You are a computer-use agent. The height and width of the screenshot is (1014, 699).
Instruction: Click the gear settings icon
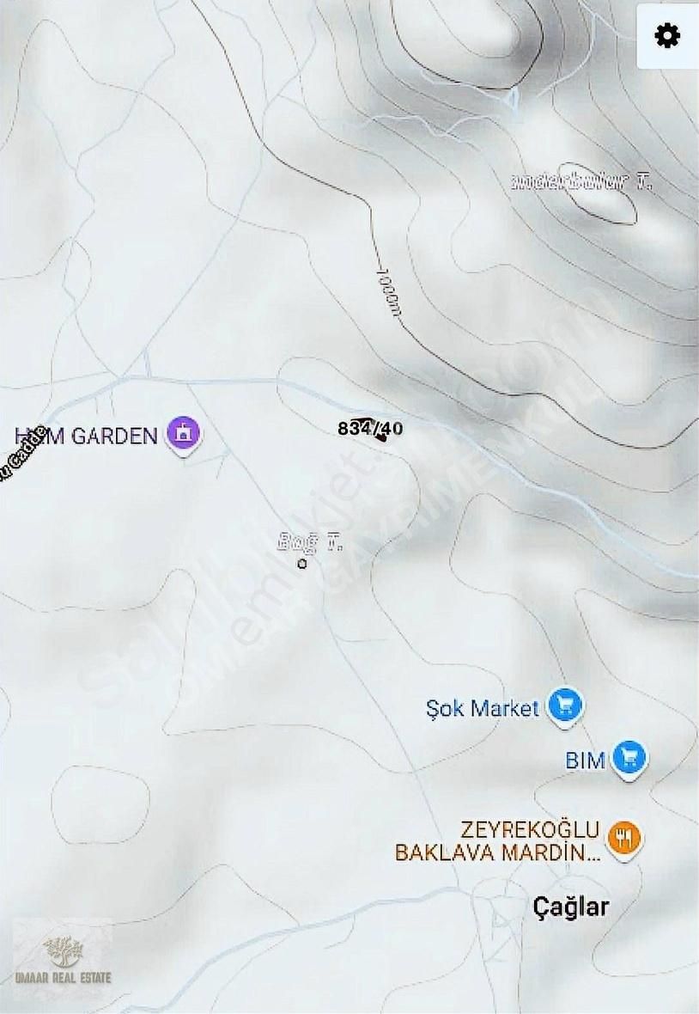point(667,36)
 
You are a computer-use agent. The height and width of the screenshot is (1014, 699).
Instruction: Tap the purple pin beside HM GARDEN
point(183,434)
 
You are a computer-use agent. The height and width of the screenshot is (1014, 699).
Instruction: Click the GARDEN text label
point(114,436)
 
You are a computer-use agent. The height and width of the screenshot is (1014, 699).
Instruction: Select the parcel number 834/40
point(370,428)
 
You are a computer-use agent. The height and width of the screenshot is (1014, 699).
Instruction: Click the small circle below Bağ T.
point(301,564)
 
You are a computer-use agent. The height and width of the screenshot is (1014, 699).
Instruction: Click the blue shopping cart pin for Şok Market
point(565,706)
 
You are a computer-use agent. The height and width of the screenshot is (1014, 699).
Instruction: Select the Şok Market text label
point(483,708)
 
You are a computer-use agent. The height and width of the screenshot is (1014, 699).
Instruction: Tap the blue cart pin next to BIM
point(630,758)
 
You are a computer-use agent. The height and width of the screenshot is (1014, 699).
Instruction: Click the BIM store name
point(586,760)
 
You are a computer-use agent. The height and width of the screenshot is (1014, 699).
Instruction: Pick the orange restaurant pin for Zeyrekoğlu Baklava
point(623,837)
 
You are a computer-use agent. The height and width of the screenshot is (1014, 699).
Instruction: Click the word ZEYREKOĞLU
point(530,830)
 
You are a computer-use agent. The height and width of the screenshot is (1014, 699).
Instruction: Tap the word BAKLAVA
point(441,853)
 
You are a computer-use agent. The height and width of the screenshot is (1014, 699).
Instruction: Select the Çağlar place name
point(571,906)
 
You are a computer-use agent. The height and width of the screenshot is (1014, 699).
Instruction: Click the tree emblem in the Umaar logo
point(64,951)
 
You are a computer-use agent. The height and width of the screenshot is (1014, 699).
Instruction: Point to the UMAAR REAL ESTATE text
point(64,977)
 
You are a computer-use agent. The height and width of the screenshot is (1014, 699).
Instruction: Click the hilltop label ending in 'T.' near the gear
point(581,181)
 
